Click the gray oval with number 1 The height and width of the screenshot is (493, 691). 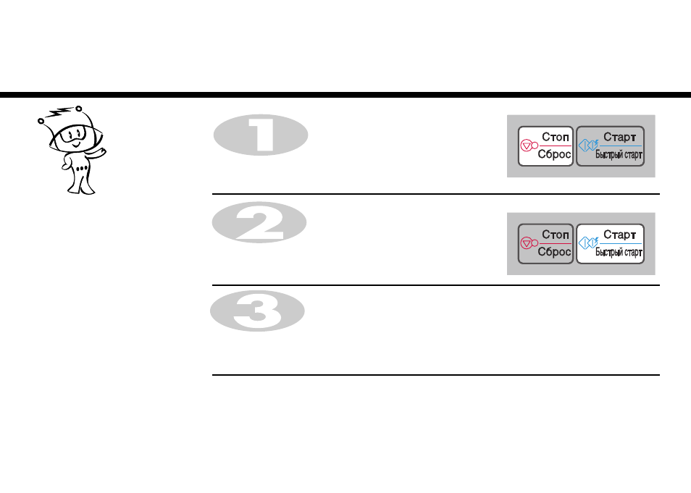pos(261,135)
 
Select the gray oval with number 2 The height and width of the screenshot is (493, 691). pos(259,222)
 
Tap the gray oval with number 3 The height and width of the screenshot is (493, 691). pos(257,311)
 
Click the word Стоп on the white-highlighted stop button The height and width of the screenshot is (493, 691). pos(556,137)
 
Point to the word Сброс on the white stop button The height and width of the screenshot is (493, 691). pos(554,154)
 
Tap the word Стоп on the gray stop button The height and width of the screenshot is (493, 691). pos(556,235)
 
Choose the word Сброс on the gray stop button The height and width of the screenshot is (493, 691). pos(554,252)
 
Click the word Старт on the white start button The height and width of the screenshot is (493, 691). pos(619,235)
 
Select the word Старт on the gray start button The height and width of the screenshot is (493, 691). pos(619,137)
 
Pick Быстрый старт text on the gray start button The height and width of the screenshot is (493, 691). pos(619,155)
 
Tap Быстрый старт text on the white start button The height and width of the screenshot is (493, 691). pos(619,253)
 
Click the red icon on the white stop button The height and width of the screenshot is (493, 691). pos(529,146)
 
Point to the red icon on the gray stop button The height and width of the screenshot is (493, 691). pos(529,243)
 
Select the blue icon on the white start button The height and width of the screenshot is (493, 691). pos(588,243)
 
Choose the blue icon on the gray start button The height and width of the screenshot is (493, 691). pos(588,145)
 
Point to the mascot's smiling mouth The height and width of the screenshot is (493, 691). pos(76,144)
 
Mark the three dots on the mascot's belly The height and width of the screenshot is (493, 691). pos(81,169)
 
